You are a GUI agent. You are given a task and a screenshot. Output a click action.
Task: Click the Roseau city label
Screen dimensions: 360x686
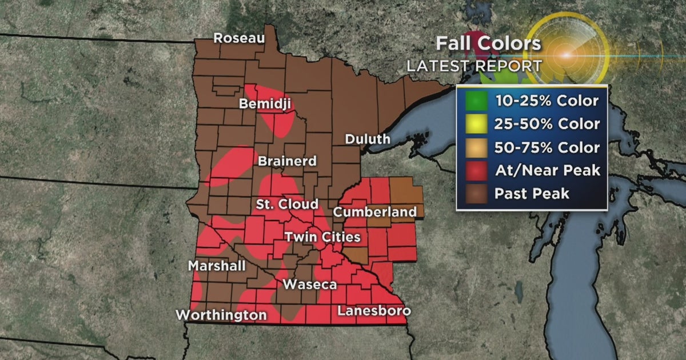coord(239,38)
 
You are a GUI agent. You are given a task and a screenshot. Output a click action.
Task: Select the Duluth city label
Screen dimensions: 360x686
coord(368,139)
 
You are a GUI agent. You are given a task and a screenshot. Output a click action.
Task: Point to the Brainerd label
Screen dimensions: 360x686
coord(287,162)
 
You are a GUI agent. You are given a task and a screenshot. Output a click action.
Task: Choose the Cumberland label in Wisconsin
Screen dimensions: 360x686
coord(374,212)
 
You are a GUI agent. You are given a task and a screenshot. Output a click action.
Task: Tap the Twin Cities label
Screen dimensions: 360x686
coord(322,237)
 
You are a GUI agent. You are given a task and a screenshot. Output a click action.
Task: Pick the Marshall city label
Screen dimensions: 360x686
coord(217,266)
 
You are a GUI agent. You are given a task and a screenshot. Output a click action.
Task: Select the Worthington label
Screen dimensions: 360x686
coord(221,315)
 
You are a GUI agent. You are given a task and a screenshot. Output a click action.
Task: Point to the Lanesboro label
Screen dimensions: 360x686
coord(374,311)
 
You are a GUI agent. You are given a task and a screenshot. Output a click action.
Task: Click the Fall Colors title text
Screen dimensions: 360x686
coord(488,44)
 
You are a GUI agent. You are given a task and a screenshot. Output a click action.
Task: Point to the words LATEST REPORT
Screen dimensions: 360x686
coord(474,65)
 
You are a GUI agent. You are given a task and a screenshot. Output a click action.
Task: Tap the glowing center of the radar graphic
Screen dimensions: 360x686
coord(567,55)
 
